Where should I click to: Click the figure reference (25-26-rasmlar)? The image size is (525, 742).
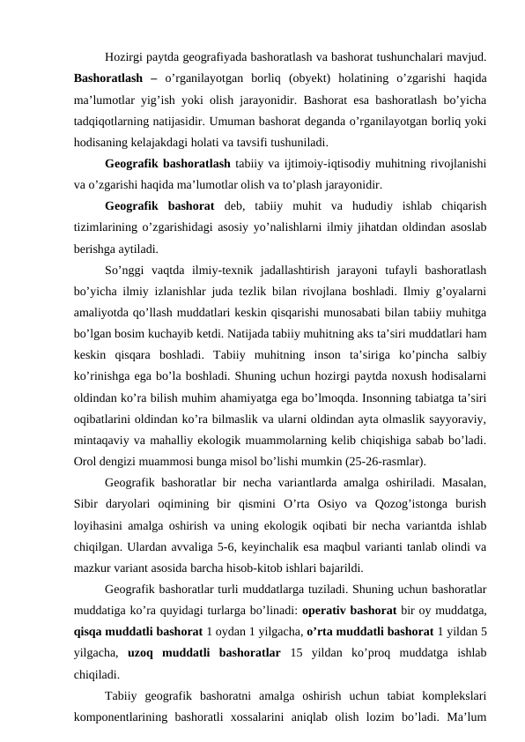381,459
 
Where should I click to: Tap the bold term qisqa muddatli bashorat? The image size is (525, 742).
133,634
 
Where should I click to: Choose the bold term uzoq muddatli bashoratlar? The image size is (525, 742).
197,654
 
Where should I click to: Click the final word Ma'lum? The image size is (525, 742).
468,720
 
